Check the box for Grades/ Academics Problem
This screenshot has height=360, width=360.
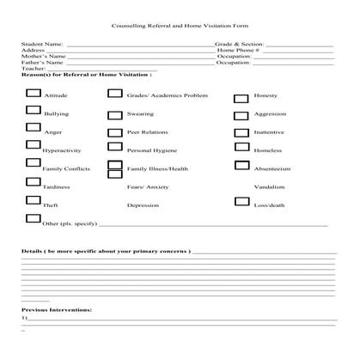(114, 92)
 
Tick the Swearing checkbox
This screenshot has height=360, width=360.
(114, 112)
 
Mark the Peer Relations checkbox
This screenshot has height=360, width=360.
(114, 132)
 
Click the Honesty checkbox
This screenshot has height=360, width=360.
(241, 96)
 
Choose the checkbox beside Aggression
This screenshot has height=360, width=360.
(241, 114)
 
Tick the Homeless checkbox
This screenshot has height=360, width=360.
(241, 149)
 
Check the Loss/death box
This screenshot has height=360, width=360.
(241, 203)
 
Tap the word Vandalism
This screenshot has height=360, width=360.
(268, 186)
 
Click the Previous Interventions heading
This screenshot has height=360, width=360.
(57, 308)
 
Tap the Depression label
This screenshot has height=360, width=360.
(143, 205)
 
